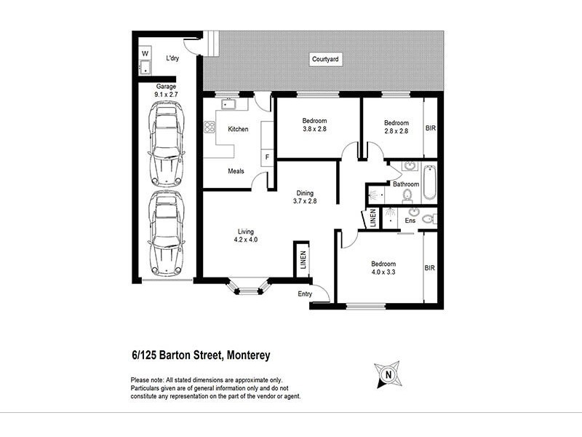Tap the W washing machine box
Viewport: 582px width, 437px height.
(x=144, y=54)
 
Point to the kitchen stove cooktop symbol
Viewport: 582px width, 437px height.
(x=209, y=129)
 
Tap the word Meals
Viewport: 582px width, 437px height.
(x=236, y=172)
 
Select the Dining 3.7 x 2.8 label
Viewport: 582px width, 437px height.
(x=305, y=197)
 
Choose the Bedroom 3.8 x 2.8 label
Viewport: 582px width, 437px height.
(x=315, y=125)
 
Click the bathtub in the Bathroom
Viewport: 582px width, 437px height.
(x=428, y=184)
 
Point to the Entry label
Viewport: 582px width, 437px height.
(x=305, y=294)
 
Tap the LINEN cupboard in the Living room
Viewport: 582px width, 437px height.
(x=301, y=259)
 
